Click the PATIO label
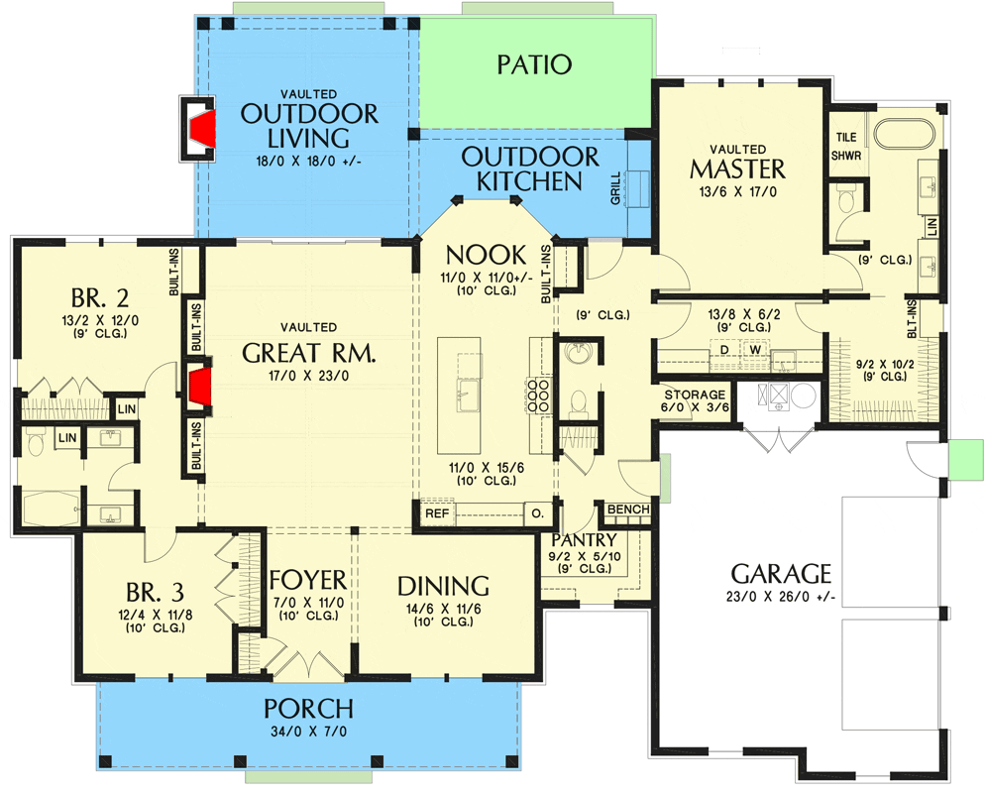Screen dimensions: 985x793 (534, 64)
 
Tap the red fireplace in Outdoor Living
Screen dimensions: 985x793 (203, 129)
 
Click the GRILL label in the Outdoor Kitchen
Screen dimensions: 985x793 (615, 188)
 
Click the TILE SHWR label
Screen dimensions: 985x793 (846, 146)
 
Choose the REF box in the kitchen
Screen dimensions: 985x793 (437, 513)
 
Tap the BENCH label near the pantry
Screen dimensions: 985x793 (628, 509)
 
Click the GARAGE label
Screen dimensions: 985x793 (781, 574)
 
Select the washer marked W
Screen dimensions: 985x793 (756, 350)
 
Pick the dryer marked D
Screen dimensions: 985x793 (724, 350)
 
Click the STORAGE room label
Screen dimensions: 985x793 (695, 395)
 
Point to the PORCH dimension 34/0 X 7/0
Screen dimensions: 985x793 (308, 732)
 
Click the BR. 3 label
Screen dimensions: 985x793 (156, 592)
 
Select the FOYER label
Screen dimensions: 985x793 (308, 580)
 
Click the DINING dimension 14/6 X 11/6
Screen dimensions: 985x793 (444, 609)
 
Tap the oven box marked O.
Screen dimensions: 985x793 (538, 513)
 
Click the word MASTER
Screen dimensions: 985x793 (737, 170)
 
